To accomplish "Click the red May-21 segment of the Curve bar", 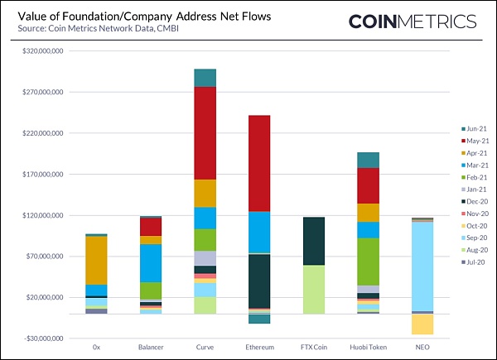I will click(205, 132).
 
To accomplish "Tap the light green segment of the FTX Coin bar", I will click(313, 290).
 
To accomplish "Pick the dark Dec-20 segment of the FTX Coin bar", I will click(313, 241).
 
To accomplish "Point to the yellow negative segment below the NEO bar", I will click(422, 324).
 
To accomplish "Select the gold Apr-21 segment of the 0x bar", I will click(97, 261).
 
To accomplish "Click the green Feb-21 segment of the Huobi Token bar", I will click(368, 262).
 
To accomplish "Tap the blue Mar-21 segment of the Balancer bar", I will click(151, 263).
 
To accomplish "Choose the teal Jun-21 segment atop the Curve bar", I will click(205, 78).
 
